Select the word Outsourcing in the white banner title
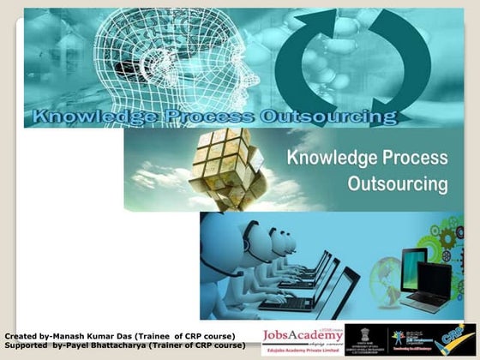(x=398, y=183)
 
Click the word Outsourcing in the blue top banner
(x=329, y=117)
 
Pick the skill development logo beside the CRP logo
(x=410, y=338)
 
